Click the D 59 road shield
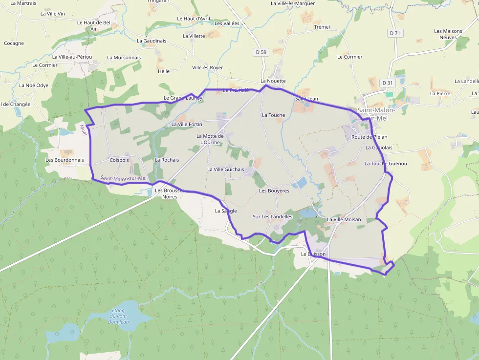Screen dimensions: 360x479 (261, 52)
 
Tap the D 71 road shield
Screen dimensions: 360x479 (395, 33)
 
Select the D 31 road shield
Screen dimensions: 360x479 (388, 83)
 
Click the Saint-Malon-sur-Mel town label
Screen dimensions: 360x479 (376, 114)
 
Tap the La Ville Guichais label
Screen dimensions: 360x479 (225, 169)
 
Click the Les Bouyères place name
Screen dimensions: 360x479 (274, 191)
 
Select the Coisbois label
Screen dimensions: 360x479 (119, 160)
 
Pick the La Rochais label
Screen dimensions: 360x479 (167, 160)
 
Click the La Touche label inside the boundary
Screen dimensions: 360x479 (273, 115)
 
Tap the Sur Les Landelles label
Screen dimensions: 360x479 (272, 216)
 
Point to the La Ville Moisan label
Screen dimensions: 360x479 (344, 219)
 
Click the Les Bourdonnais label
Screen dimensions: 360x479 (65, 160)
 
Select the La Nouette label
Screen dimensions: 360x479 (273, 81)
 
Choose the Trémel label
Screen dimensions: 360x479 (322, 27)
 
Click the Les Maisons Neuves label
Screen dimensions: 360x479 (448, 34)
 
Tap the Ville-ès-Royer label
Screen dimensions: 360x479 (207, 68)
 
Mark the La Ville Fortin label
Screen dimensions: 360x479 (187, 125)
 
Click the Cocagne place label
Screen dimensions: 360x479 (14, 43)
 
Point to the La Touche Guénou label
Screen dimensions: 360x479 (386, 164)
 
